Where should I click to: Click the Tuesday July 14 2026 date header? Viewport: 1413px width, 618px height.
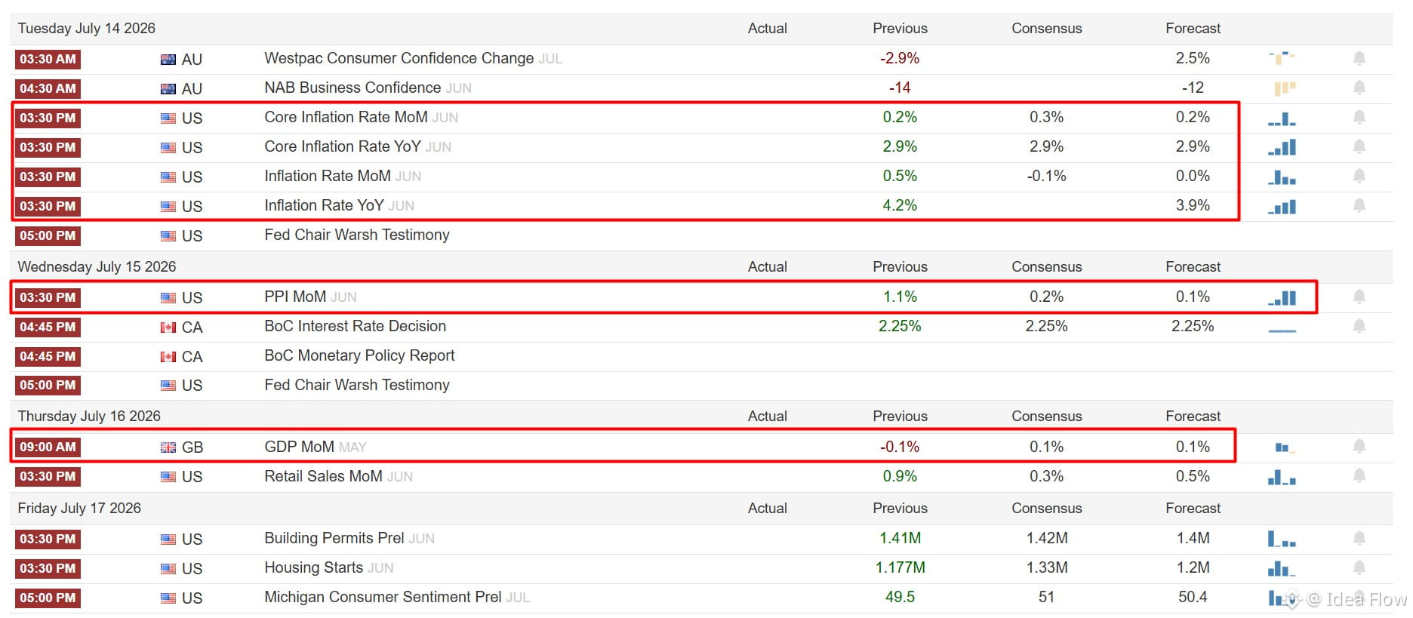[x=86, y=29]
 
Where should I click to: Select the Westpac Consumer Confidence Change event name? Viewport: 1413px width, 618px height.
[x=399, y=58]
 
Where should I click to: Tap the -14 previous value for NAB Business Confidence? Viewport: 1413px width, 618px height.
[x=899, y=88]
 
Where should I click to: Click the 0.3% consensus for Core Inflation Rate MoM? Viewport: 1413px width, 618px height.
[x=1046, y=117]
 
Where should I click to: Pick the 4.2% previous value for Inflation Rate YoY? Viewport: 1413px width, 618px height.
[x=900, y=205]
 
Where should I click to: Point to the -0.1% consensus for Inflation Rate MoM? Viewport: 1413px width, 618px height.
[x=1046, y=176]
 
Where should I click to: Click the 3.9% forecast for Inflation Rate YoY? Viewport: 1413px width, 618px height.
[x=1193, y=205]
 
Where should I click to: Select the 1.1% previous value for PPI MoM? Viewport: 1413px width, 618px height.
[x=900, y=297]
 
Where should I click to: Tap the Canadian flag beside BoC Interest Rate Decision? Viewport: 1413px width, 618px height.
[x=168, y=327]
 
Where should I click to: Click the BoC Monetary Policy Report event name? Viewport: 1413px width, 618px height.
[x=359, y=355]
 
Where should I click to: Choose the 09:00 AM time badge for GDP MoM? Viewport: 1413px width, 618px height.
[x=48, y=447]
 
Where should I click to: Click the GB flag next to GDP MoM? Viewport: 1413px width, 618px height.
[x=168, y=447]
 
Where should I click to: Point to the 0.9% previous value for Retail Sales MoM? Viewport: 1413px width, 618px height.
[x=900, y=476]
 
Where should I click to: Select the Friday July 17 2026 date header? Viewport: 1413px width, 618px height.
[x=79, y=509]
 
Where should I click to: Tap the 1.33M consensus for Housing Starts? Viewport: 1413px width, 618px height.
[x=1046, y=567]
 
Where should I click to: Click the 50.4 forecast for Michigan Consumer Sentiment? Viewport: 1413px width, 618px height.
[x=1193, y=597]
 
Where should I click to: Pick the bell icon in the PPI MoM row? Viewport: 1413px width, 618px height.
[x=1359, y=297]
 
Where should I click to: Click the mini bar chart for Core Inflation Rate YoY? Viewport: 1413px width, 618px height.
[x=1282, y=147]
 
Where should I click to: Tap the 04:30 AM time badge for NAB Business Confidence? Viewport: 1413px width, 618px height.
[x=48, y=88]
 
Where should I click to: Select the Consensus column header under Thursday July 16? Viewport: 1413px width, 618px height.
[x=1046, y=417]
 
